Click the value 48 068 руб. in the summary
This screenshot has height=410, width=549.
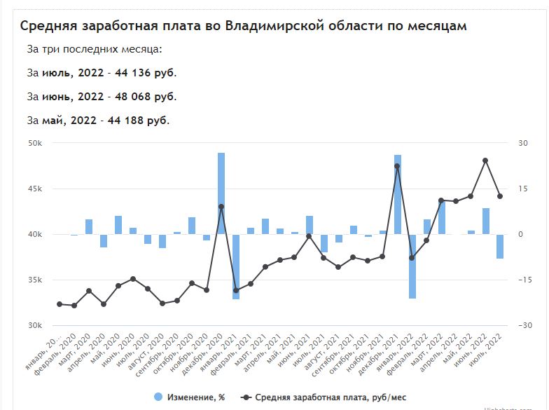(x=144, y=96)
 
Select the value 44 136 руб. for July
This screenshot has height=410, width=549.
(x=144, y=73)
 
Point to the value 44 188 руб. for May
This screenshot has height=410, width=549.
(x=136, y=120)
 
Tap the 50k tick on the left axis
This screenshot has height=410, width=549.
(x=34, y=143)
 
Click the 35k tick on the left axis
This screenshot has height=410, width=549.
(x=34, y=280)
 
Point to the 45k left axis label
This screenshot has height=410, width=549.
(x=34, y=189)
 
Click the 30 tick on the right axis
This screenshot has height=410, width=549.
(x=522, y=143)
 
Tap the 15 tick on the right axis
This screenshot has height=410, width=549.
(x=522, y=189)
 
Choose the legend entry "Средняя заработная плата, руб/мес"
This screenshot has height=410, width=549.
(x=329, y=397)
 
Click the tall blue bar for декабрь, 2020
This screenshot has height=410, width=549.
(x=221, y=193)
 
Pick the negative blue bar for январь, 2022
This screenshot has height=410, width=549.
(x=412, y=266)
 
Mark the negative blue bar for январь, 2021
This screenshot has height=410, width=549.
(x=236, y=266)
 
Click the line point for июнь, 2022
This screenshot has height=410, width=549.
(x=485, y=160)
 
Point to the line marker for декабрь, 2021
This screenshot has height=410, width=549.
(x=398, y=166)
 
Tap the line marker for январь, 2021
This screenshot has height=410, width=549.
(x=236, y=290)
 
